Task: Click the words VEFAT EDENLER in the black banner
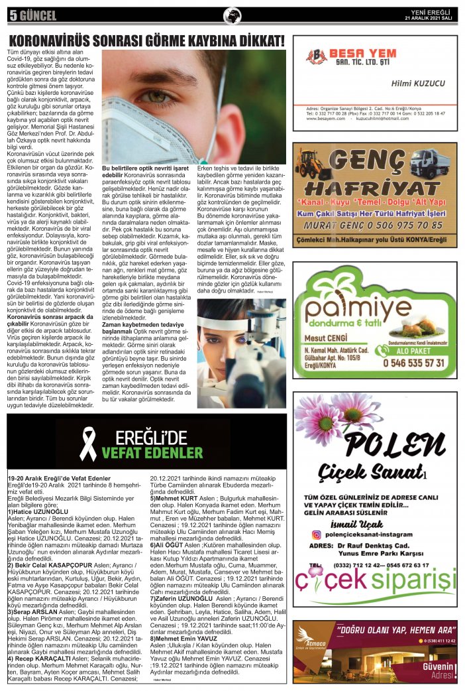[x=152, y=454]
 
